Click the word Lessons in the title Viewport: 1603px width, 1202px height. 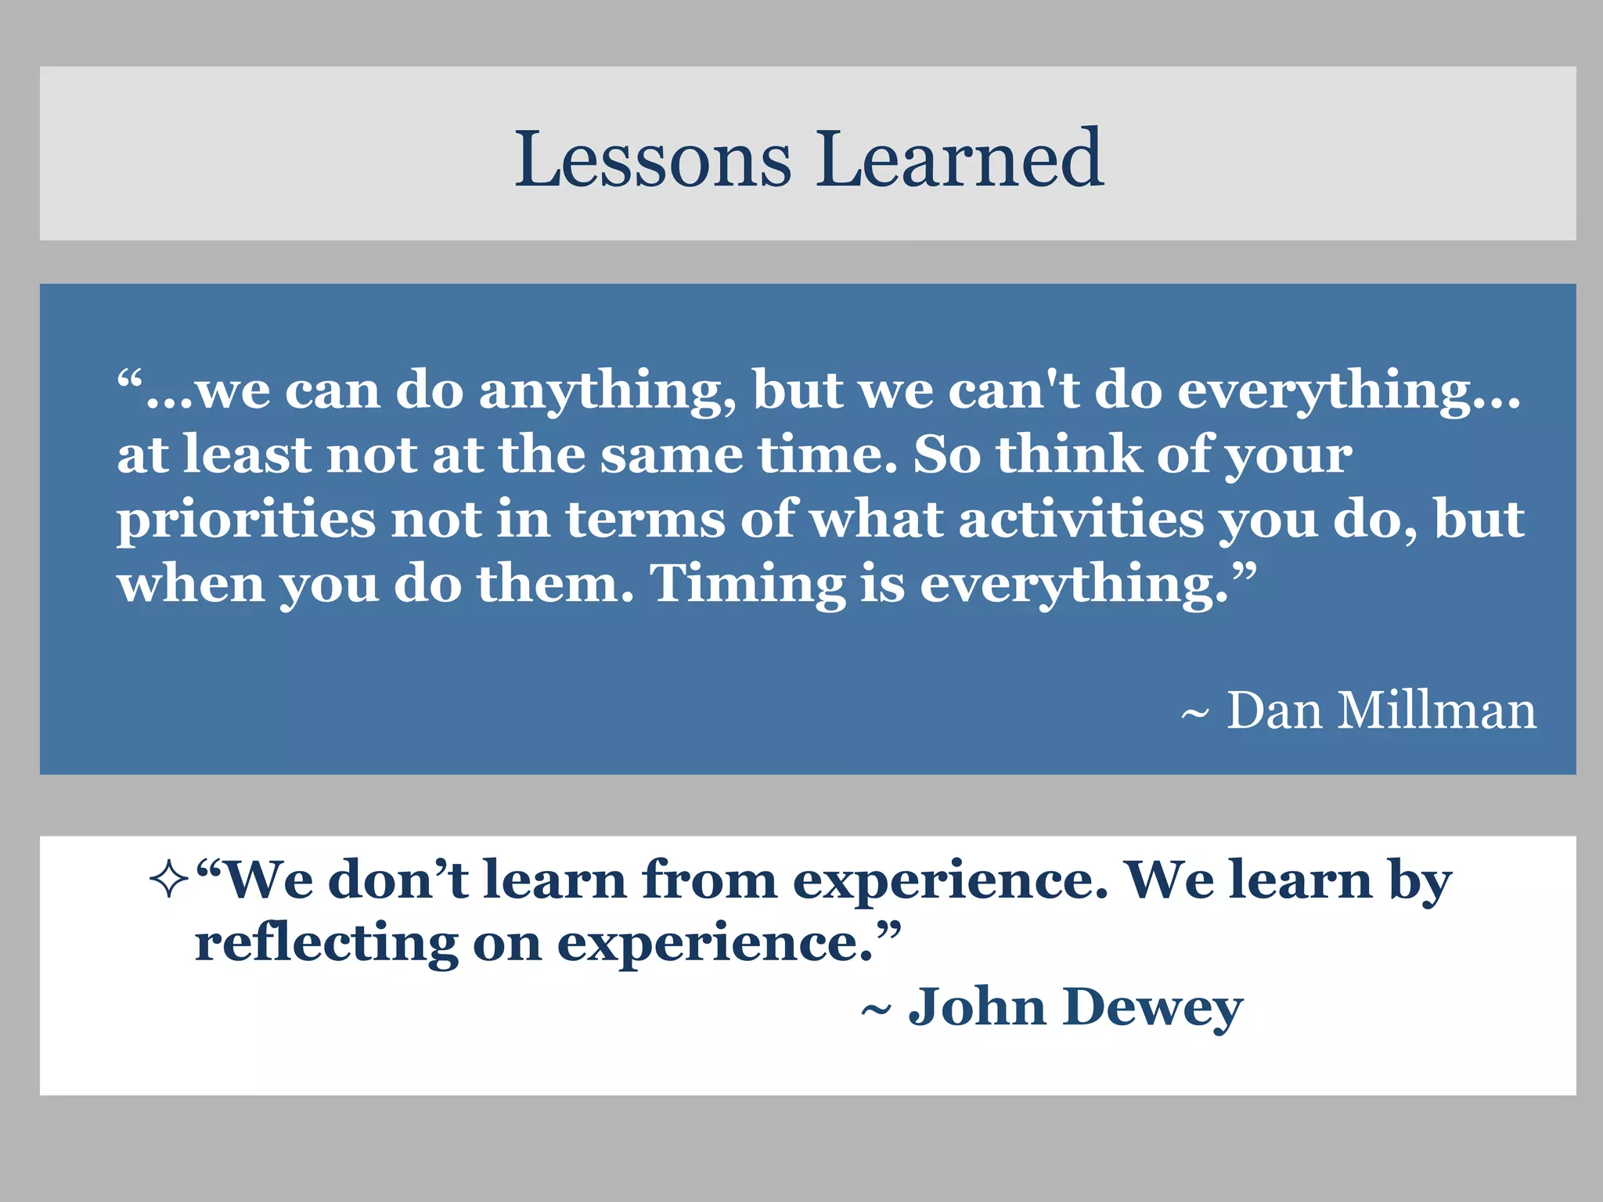point(653,160)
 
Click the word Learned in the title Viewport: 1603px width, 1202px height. point(960,160)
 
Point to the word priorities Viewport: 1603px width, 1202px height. point(246,521)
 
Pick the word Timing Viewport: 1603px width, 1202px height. point(747,585)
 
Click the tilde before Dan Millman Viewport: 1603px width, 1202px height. point(1194,714)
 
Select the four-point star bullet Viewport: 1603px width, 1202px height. point(168,881)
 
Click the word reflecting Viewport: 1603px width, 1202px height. point(326,944)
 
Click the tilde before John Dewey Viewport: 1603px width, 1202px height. point(876,1010)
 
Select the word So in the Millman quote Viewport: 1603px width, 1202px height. point(946,455)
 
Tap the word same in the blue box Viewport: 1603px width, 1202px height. point(672,455)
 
